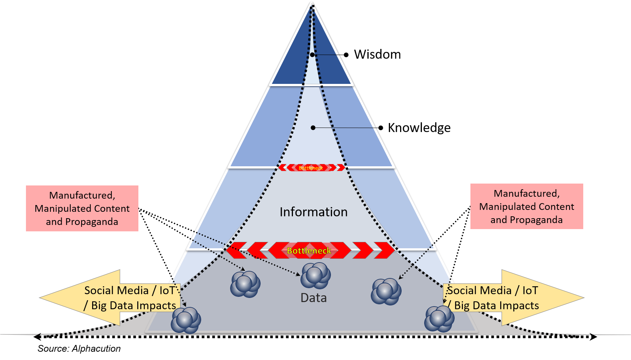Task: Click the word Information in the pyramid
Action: pos(313,212)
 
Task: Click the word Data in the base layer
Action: pos(313,298)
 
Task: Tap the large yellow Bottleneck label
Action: pos(309,251)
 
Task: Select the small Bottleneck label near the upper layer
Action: pos(311,168)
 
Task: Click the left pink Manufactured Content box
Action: pos(82,208)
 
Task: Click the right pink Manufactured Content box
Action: pos(526,206)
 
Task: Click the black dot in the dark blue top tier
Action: pos(312,55)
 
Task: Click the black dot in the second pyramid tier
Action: pos(313,128)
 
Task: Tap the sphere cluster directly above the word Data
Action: pos(315,275)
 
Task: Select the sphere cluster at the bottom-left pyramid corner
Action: pos(186,320)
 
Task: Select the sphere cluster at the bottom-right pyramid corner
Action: pos(439,319)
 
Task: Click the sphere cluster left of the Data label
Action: pos(245,284)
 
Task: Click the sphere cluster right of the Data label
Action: pos(386,292)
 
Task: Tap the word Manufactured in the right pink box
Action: pos(526,193)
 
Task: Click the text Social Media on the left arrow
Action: pos(117,290)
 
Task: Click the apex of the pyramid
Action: pos(312,3)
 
